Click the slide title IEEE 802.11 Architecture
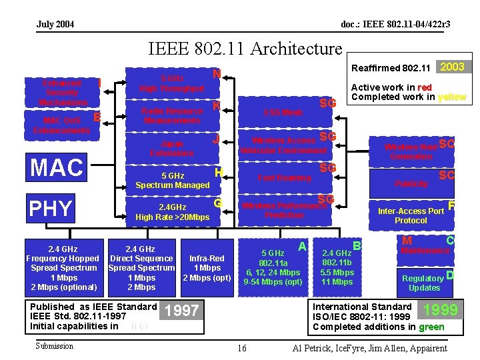click(x=245, y=49)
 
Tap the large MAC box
click(x=57, y=167)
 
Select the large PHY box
click(x=51, y=208)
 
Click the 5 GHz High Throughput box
click(x=172, y=83)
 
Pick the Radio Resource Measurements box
click(x=172, y=115)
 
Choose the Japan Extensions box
click(x=172, y=148)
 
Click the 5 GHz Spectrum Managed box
click(x=172, y=180)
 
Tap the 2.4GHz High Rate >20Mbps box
click(x=172, y=212)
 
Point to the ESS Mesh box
click(x=283, y=113)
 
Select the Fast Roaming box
click(x=285, y=178)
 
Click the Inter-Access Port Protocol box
click(x=411, y=215)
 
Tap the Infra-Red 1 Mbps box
click(x=207, y=267)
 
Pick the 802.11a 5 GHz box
click(x=273, y=267)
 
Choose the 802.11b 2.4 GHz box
click(x=337, y=267)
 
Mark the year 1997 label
click(x=181, y=311)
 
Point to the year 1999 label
click(x=441, y=310)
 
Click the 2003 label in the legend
click(x=453, y=67)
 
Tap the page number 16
click(x=241, y=348)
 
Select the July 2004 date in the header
click(x=55, y=25)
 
